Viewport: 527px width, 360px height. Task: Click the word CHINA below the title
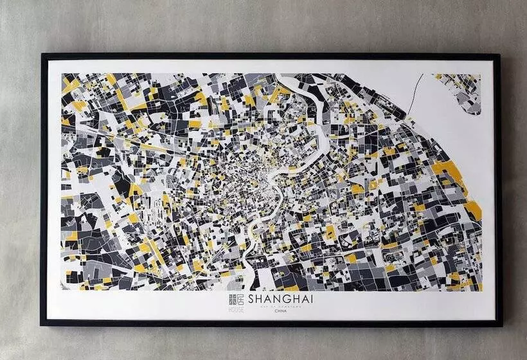(281, 310)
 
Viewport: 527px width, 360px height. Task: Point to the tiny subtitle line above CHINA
(281, 307)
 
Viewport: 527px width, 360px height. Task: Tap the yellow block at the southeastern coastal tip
(474, 209)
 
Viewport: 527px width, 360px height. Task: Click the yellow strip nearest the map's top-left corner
(71, 84)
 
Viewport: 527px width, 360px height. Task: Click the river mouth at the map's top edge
(283, 78)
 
